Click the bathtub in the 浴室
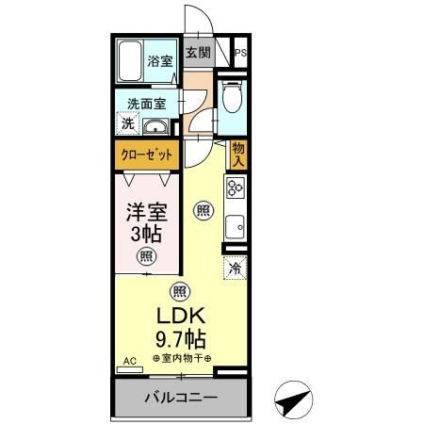point(130,60)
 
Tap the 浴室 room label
point(160,60)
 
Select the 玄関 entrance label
point(198,52)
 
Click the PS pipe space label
point(241,53)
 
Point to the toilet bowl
point(232,96)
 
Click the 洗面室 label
point(147,104)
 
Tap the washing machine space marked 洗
point(127,123)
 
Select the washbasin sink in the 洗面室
point(155,126)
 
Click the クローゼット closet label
point(147,155)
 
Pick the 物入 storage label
point(238,155)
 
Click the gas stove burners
point(236,188)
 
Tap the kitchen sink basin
point(236,227)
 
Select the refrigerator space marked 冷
point(235,268)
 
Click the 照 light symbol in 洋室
point(146,256)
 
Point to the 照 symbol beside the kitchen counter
point(204,210)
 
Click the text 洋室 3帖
point(147,223)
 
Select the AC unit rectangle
point(130,369)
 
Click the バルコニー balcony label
point(181,398)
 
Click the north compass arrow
point(294,400)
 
